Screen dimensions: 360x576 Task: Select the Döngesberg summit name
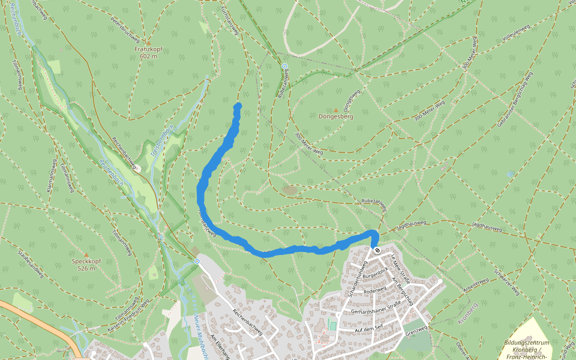[x=335, y=116]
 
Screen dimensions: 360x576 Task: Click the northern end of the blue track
[x=238, y=106]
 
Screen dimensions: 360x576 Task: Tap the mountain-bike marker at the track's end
[x=377, y=250]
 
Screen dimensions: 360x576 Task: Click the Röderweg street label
[x=375, y=289]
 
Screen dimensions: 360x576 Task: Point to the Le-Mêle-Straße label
[x=401, y=268]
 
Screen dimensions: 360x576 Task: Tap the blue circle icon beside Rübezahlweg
[x=284, y=66]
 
